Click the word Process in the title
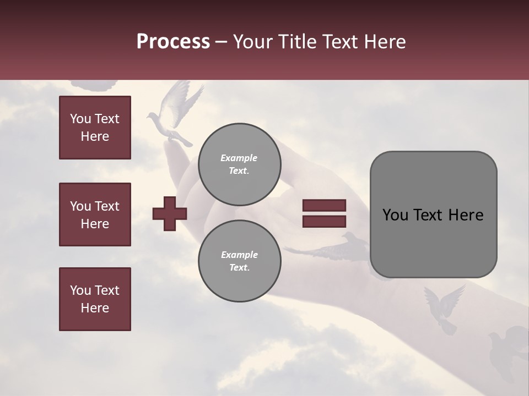[173, 42]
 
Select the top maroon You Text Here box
[95, 128]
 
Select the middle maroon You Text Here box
[95, 215]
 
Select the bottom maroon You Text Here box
[95, 299]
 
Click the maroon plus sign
[170, 213]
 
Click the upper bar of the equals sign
[324, 205]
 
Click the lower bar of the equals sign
[324, 221]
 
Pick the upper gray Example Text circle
[239, 164]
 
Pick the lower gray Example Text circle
[239, 261]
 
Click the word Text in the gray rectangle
[431, 215]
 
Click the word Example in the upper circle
[239, 158]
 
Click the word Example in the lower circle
[239, 255]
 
